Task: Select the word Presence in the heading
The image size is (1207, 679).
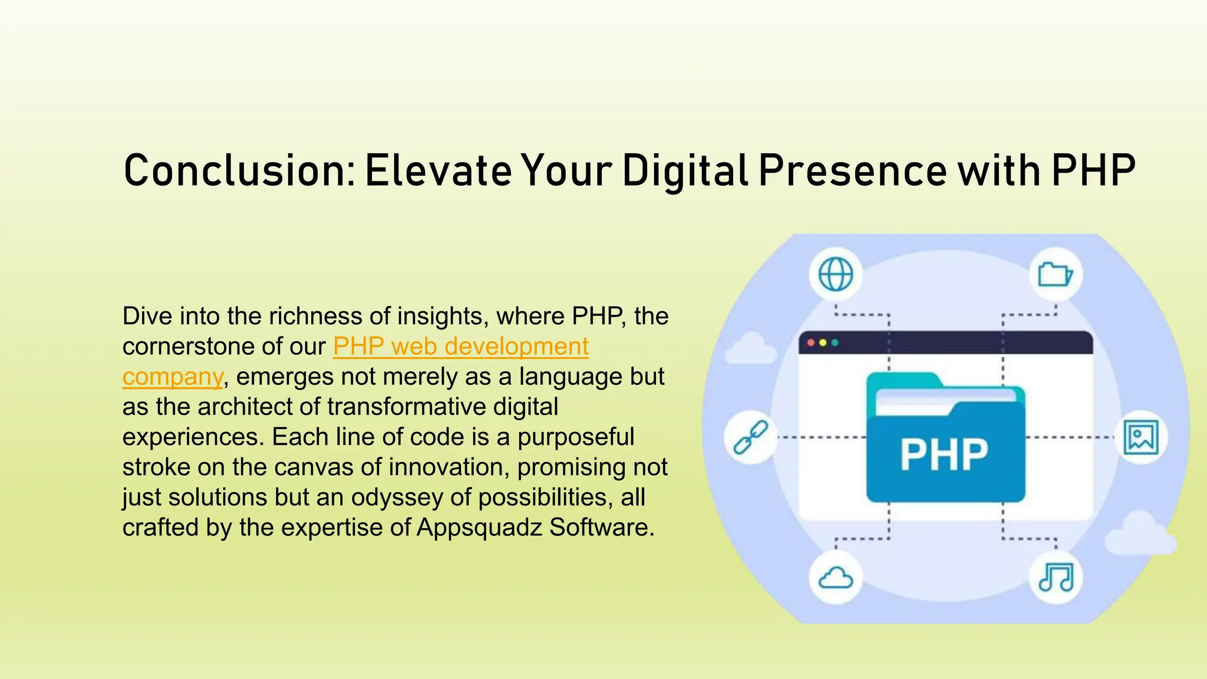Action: click(x=852, y=171)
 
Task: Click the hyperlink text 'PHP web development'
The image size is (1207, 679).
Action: click(x=460, y=347)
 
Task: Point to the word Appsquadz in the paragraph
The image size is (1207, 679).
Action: click(x=479, y=528)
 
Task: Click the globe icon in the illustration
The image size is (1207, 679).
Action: click(x=836, y=275)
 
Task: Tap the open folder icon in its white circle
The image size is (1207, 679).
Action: click(x=1055, y=275)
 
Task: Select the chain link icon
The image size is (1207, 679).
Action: click(x=750, y=437)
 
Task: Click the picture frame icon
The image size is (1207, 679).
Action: click(x=1141, y=437)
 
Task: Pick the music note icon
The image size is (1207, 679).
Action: click(x=1056, y=577)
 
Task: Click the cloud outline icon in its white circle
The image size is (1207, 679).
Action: click(x=836, y=578)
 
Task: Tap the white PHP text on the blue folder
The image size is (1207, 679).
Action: click(x=944, y=455)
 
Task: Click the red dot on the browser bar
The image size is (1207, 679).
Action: click(x=811, y=343)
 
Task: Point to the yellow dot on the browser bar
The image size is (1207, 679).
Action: click(x=823, y=343)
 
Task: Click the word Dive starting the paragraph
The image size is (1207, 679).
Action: click(x=147, y=317)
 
